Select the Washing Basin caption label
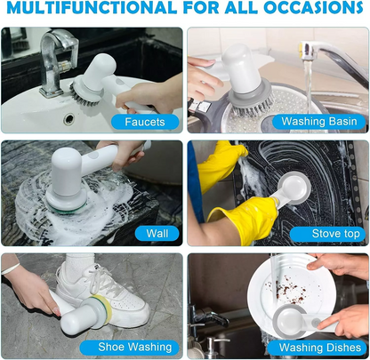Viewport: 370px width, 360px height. tap(318, 121)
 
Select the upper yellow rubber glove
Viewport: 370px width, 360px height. tap(221, 164)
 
